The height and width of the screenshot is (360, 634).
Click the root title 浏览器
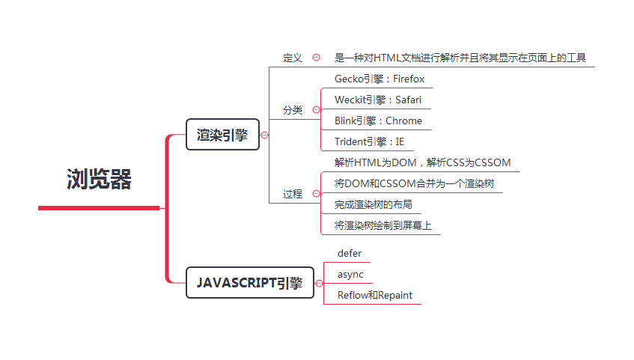(x=99, y=180)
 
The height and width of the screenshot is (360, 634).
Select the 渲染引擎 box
(x=222, y=135)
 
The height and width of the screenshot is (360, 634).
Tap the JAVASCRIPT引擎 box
(x=249, y=282)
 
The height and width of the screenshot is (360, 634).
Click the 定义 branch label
(x=293, y=58)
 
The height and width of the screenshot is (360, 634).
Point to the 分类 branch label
(x=293, y=110)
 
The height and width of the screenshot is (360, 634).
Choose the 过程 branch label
(x=293, y=194)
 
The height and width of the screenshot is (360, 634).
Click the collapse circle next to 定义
(x=317, y=58)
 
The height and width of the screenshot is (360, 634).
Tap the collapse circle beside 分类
(x=317, y=110)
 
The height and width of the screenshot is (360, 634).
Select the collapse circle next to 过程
(x=317, y=194)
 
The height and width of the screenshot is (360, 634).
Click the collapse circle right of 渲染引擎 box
(x=264, y=135)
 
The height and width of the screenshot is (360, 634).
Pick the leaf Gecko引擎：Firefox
(x=380, y=79)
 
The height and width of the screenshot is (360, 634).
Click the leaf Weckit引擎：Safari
(x=382, y=100)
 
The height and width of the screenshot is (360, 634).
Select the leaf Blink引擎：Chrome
(x=378, y=120)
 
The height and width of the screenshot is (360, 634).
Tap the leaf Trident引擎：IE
(x=369, y=141)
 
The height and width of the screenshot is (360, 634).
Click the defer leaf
(x=350, y=254)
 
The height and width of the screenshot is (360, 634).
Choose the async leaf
(x=350, y=275)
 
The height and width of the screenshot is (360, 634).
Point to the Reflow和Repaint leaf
(x=375, y=296)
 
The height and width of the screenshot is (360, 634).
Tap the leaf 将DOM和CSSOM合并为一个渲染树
(x=414, y=183)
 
